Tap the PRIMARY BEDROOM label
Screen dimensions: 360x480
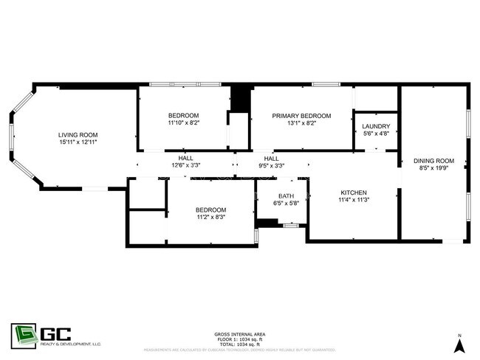coord(301,116)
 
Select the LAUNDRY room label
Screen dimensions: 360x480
coord(377,127)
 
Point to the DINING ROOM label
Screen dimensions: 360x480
coord(433,161)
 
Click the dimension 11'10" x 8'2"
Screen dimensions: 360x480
coord(183,123)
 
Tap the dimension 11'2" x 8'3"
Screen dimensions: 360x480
coord(211,217)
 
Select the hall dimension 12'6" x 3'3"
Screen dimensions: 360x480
coord(186,166)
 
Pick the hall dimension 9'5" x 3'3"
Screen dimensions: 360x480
coord(271,166)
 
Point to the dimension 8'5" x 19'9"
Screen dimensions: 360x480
coord(433,167)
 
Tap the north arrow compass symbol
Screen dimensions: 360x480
coord(459,344)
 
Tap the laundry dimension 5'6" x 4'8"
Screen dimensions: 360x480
coord(377,134)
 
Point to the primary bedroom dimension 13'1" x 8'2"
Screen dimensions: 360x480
coord(301,123)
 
